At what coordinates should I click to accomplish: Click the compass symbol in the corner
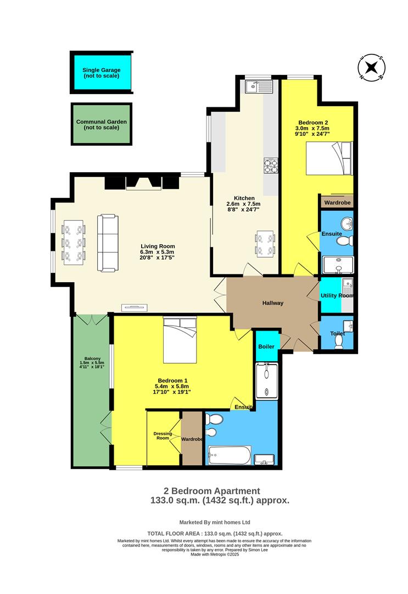click(371, 68)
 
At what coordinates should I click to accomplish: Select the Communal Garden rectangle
click(102, 124)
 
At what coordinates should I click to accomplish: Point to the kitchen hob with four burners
click(271, 166)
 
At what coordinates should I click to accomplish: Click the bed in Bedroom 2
click(328, 158)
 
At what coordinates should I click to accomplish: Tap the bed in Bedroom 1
click(180, 340)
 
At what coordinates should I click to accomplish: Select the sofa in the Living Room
click(108, 243)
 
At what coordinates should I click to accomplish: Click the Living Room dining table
click(74, 241)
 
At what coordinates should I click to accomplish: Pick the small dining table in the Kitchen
click(265, 244)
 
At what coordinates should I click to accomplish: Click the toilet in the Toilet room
click(339, 341)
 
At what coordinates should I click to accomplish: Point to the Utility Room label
click(337, 296)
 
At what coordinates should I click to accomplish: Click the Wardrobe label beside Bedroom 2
click(337, 202)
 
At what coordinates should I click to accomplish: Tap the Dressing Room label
click(163, 436)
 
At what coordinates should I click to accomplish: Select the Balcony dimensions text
click(92, 365)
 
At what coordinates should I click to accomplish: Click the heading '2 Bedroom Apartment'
click(211, 491)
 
